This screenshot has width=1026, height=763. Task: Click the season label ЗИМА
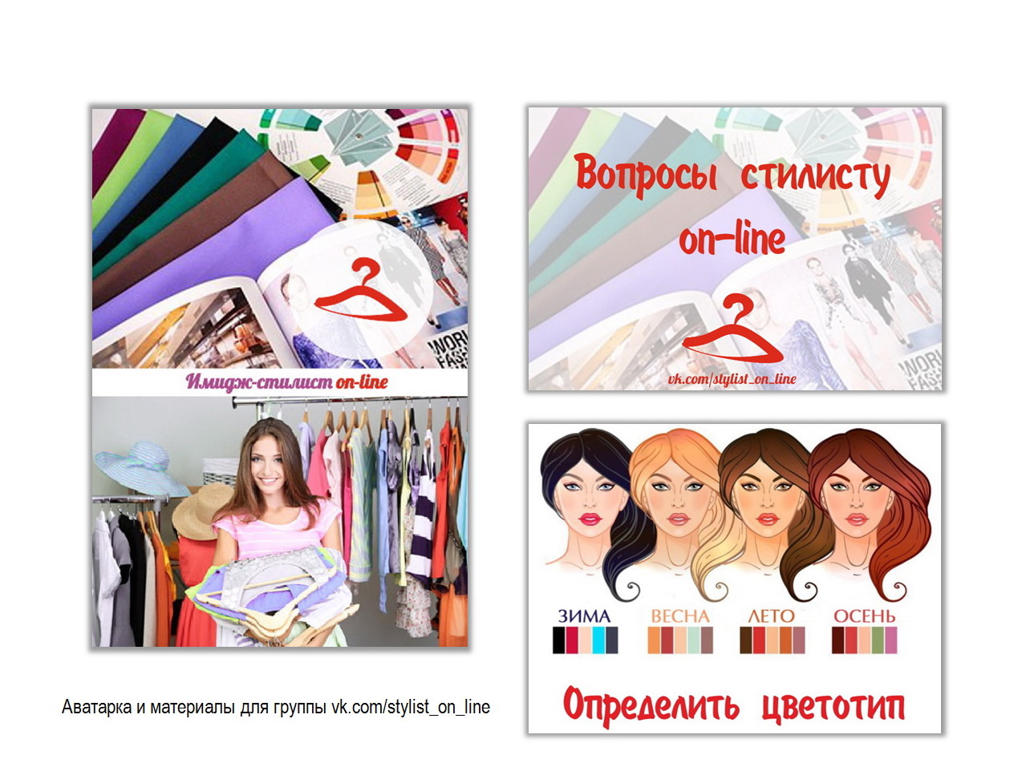tap(584, 616)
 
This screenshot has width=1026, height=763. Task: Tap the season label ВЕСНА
tap(679, 616)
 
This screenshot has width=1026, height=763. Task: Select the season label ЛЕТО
tap(771, 616)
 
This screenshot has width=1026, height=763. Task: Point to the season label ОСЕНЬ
tap(864, 616)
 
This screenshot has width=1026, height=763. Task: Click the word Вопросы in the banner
tap(647, 176)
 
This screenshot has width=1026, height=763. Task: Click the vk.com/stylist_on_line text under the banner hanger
tap(732, 379)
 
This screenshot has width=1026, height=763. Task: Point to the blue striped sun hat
tap(141, 468)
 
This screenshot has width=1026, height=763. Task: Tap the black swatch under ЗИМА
tap(559, 640)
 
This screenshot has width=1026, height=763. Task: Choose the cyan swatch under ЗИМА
tap(598, 640)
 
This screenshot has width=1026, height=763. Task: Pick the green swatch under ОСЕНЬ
tap(877, 640)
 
